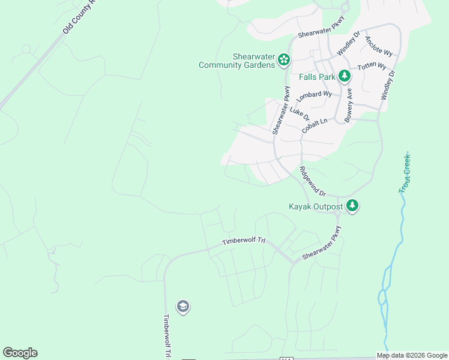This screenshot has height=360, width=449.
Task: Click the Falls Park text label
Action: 317,76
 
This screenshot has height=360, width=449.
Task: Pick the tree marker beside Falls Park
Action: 344,76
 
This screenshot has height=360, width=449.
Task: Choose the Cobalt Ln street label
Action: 315,125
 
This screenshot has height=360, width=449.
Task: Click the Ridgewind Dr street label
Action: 312,182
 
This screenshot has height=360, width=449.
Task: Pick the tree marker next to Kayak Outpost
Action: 352,206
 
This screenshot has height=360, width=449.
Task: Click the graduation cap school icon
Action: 183,307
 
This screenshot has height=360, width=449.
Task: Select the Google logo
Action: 20,353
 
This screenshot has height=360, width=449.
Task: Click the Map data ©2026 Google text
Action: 412,355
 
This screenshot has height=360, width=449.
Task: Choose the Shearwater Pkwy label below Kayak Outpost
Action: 322,243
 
